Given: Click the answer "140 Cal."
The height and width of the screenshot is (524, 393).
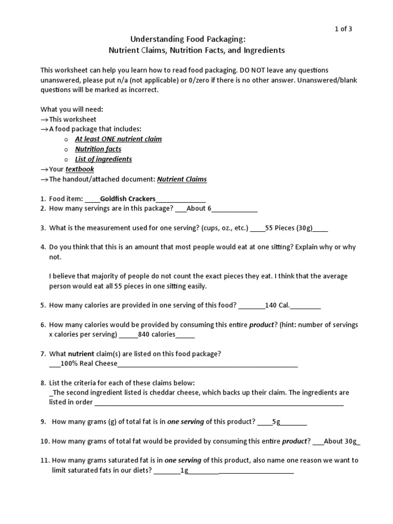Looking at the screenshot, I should point(277,305).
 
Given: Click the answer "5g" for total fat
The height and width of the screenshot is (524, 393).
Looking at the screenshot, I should point(276,422).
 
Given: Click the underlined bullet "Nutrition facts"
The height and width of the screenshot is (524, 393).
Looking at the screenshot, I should point(98,149).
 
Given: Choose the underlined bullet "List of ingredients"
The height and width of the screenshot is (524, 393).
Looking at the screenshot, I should point(103,159).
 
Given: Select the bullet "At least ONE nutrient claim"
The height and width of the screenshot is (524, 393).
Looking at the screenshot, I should point(118,139).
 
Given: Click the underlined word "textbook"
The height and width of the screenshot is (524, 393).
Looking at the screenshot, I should point(80,169).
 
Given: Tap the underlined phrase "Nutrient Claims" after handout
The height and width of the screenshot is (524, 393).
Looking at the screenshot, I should point(182,179).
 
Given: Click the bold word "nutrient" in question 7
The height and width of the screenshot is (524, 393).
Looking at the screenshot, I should point(81,354).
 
